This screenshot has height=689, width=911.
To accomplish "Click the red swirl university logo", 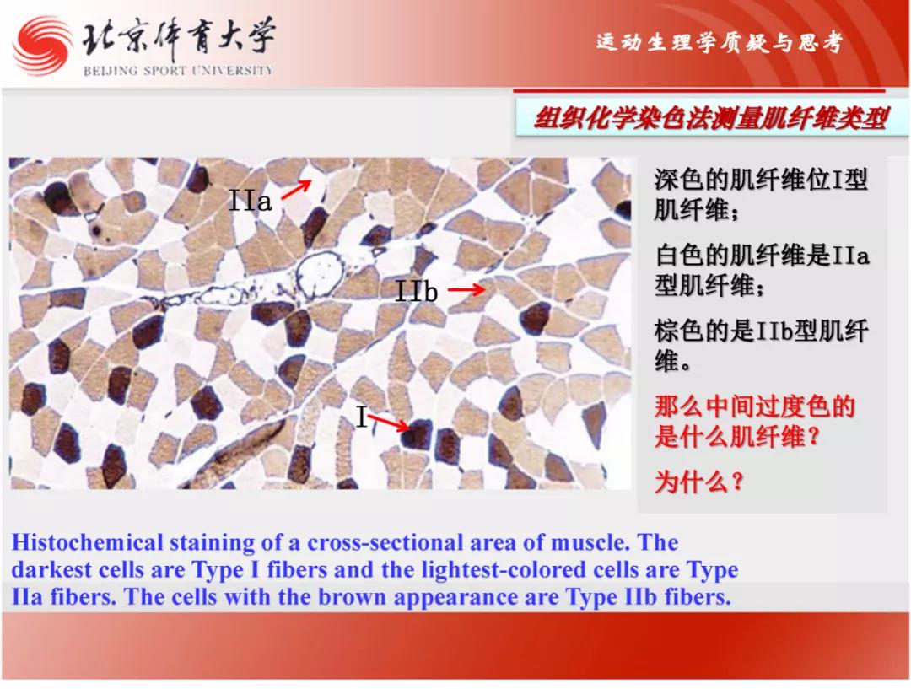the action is (x=42, y=46).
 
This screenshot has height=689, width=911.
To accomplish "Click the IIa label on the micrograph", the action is (x=250, y=201).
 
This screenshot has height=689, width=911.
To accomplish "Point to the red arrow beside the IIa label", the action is (x=296, y=190).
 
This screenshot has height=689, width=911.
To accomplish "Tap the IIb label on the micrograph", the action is (x=416, y=290).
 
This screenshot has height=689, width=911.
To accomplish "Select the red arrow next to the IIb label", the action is (x=466, y=288).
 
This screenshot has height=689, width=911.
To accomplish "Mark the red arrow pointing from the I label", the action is (x=388, y=423).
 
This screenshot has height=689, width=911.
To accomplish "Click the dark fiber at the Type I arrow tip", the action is (x=418, y=434).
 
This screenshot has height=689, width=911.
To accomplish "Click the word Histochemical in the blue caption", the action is (x=87, y=542).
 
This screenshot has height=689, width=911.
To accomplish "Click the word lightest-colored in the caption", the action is (x=504, y=570).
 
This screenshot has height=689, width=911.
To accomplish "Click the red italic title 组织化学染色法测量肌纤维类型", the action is (x=711, y=119).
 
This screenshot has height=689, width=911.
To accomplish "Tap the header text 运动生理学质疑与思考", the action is (x=720, y=42).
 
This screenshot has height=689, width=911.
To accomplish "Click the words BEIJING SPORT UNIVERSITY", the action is (x=178, y=71).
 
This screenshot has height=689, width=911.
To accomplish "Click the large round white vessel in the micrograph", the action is (x=317, y=275).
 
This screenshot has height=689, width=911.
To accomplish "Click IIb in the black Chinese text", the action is (x=775, y=331).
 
